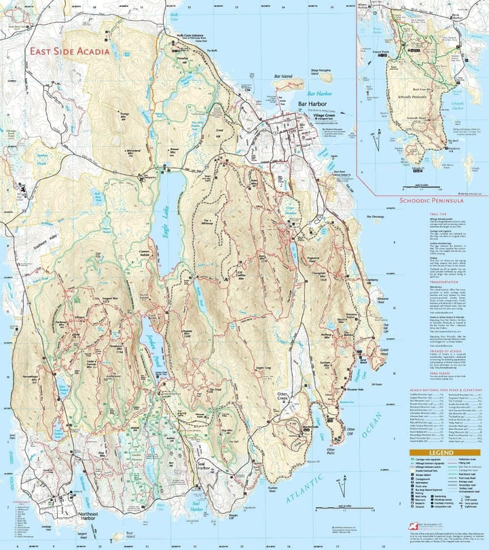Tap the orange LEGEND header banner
click(x=444, y=452)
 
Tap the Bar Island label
click(x=282, y=77)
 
